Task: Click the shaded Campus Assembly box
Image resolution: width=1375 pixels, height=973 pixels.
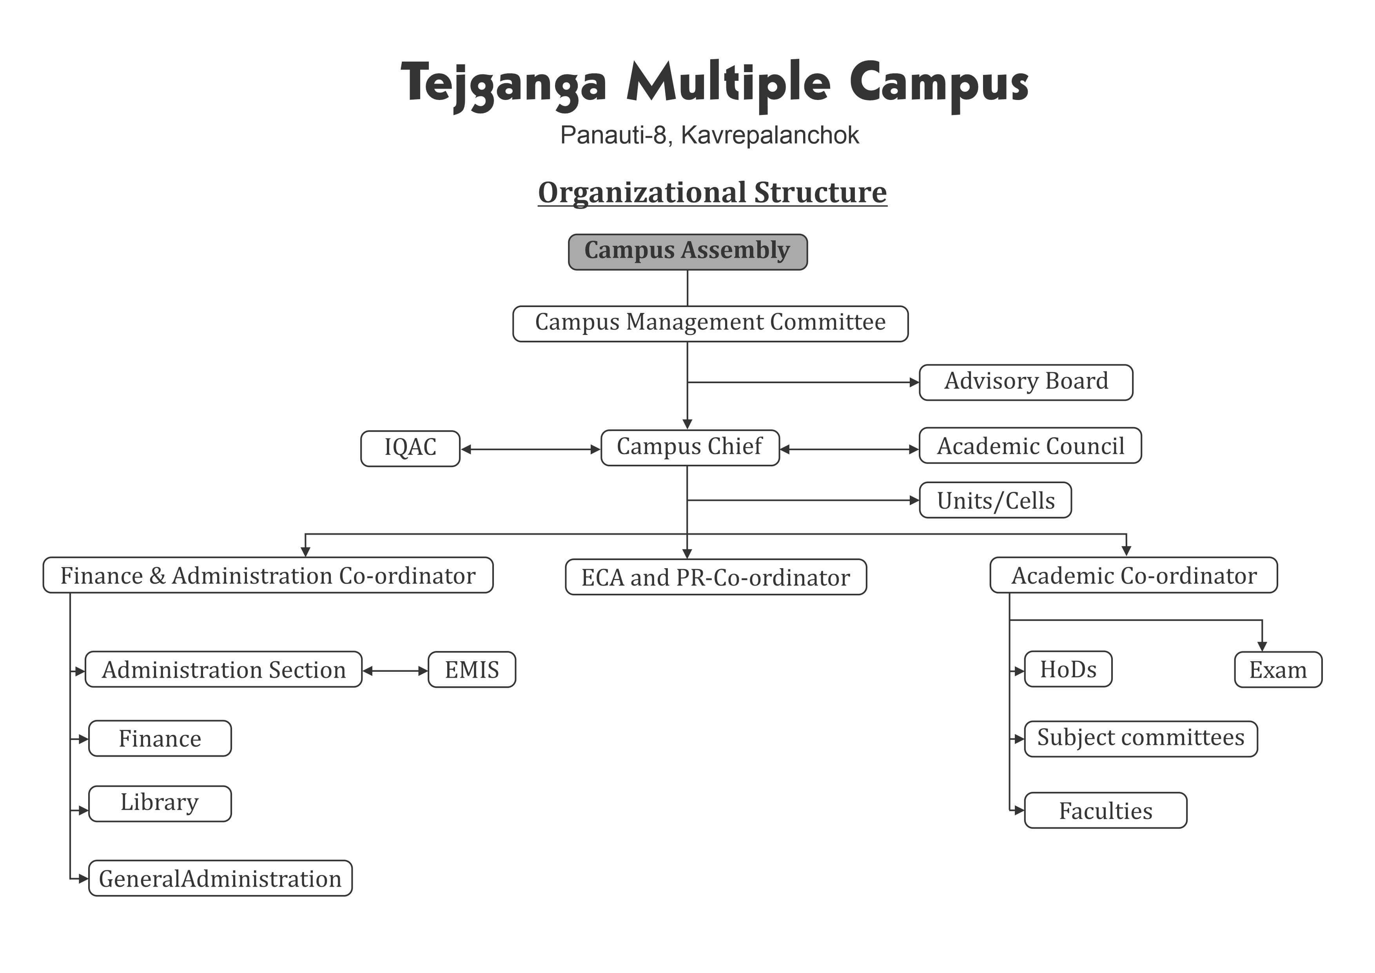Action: (x=687, y=252)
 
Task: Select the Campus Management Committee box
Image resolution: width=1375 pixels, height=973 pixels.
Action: (x=710, y=324)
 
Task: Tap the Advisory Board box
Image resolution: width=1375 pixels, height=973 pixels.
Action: (x=1026, y=382)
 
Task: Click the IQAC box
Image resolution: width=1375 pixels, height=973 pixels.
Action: (x=410, y=448)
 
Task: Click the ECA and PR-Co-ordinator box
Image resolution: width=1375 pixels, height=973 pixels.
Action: (x=716, y=577)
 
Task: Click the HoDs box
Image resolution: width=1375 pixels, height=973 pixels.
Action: (x=1068, y=669)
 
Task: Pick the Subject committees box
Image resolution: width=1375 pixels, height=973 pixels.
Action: (x=1141, y=739)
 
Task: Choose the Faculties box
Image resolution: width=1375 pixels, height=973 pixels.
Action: (x=1105, y=810)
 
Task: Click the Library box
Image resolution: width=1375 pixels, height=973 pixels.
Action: (x=160, y=804)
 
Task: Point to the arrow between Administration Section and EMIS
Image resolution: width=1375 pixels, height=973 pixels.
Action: (x=395, y=671)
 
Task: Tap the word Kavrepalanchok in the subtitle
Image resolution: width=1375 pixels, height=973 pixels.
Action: (x=770, y=135)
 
